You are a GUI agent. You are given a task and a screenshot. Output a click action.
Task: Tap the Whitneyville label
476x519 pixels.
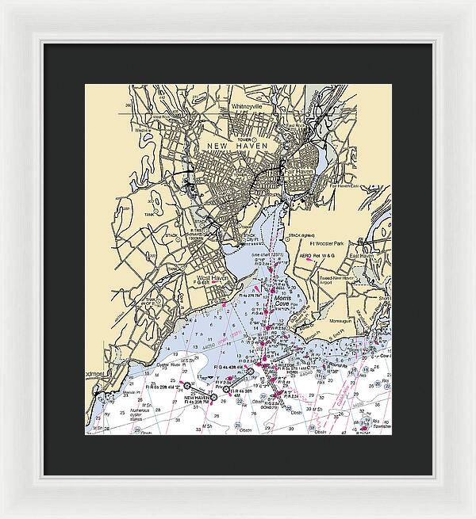tap(251, 106)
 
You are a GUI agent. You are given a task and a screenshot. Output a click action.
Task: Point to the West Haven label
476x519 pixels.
tap(213, 277)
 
